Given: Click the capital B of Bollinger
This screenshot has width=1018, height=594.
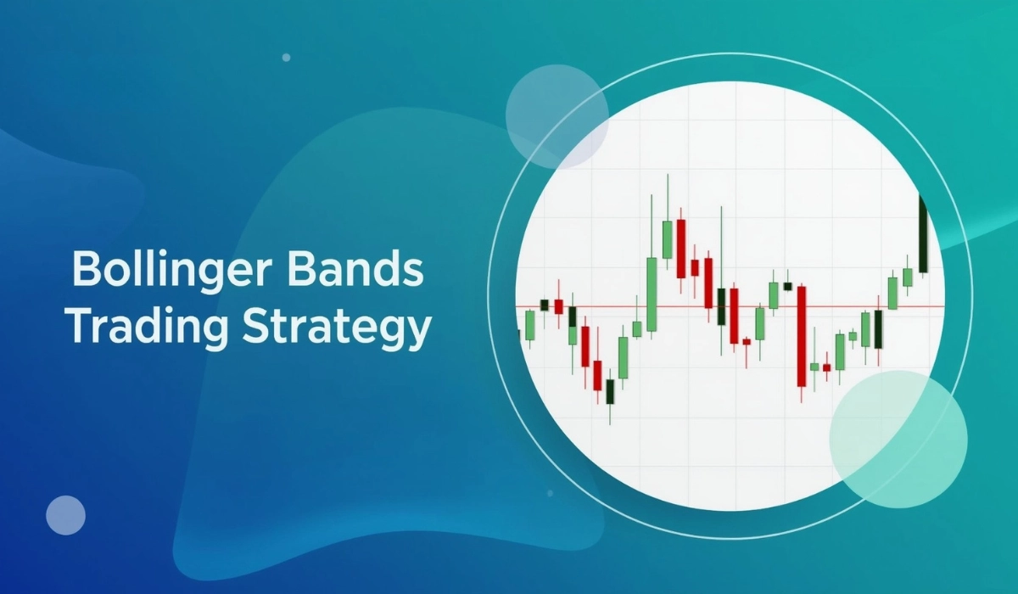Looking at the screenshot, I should click(x=85, y=270).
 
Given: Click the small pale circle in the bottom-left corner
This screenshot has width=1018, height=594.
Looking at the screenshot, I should click(x=65, y=515).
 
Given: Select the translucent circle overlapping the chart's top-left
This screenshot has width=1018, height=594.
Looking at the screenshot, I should click(x=557, y=116).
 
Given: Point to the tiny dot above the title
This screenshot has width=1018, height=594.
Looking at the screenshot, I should click(x=286, y=58).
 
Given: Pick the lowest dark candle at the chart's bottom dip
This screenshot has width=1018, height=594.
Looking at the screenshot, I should click(x=610, y=391).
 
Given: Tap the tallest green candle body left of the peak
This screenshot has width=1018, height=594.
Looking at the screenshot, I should click(x=652, y=294).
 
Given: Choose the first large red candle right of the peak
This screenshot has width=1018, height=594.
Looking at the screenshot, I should click(x=680, y=248).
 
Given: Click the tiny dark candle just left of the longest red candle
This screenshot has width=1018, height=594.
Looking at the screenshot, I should click(x=787, y=287).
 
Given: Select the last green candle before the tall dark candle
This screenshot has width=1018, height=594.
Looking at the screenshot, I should click(x=907, y=277).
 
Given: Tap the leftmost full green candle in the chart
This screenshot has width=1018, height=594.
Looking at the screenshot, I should click(x=530, y=324).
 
